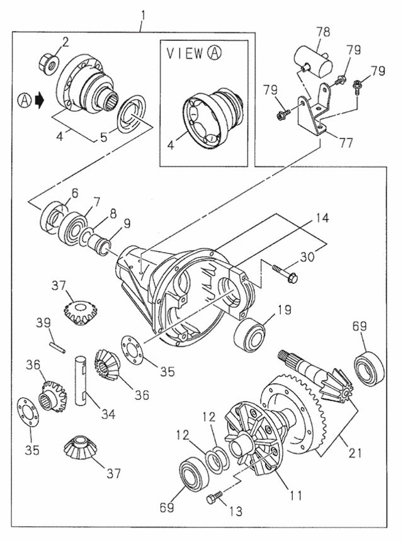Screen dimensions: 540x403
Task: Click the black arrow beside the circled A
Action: click(39, 100)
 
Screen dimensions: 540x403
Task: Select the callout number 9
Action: click(127, 222)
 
